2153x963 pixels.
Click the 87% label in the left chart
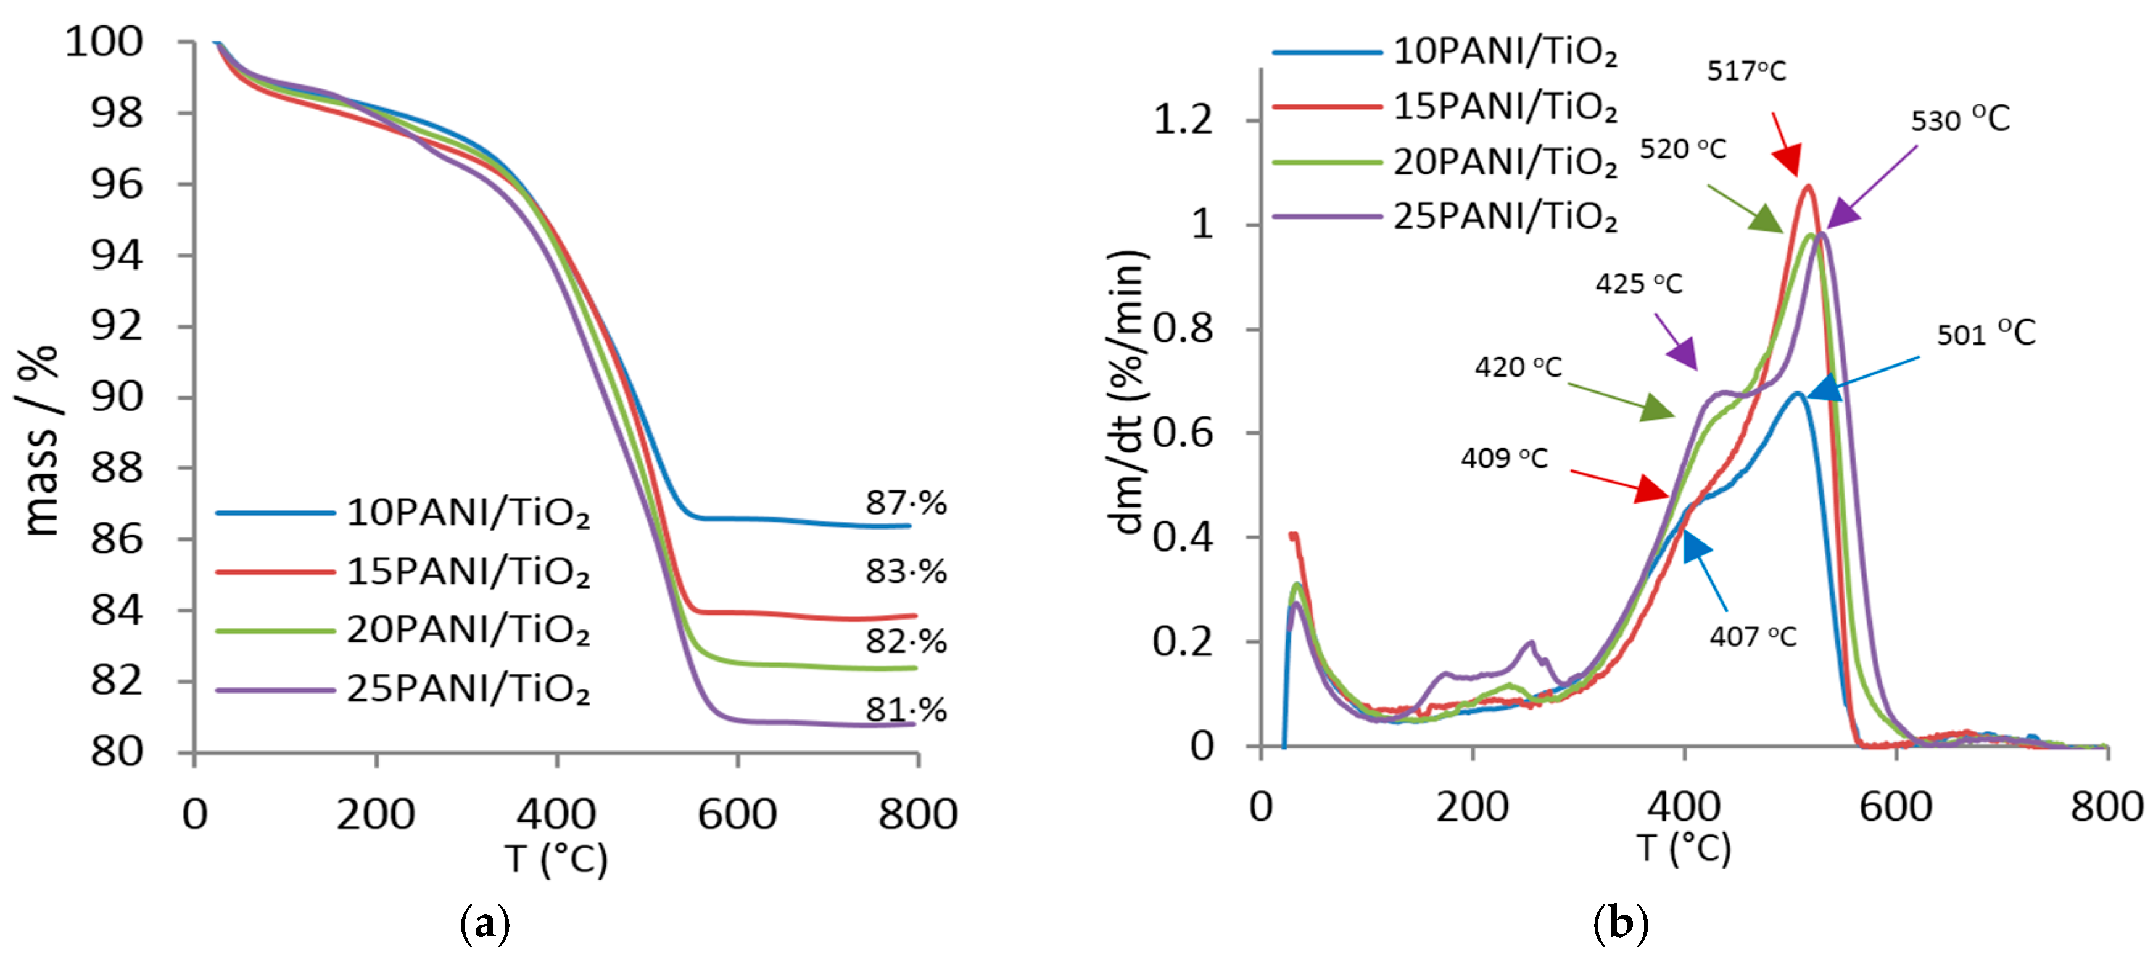point(905,504)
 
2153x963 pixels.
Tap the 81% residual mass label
point(905,710)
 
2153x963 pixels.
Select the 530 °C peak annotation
point(1960,120)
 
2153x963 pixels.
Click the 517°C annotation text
point(1746,71)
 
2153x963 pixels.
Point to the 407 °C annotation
point(1753,637)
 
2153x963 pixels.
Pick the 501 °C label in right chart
point(1986,334)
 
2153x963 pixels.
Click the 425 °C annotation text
point(1638,284)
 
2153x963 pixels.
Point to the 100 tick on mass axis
point(104,42)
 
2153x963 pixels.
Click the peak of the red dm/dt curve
point(1808,187)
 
